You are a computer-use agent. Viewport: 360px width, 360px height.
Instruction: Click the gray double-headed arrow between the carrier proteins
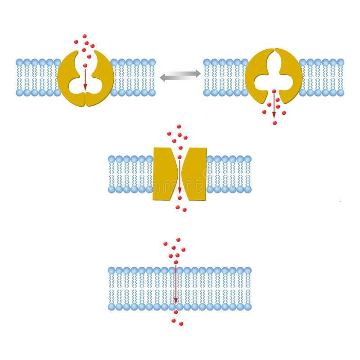point(180,75)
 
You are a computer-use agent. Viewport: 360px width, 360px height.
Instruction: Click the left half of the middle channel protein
point(164,174)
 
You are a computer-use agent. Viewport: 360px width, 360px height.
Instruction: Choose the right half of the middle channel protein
point(195,174)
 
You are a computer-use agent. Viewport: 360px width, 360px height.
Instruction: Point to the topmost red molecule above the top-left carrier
point(84,36)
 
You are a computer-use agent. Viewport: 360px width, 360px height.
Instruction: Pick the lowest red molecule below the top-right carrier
point(274,122)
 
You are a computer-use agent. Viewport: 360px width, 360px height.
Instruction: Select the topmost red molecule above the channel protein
point(179,127)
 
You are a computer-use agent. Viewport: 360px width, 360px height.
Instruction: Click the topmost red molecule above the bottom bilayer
point(178,240)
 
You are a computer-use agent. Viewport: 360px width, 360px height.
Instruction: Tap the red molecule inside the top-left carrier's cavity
point(85,66)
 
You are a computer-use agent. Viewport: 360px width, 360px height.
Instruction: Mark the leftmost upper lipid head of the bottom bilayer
point(112,270)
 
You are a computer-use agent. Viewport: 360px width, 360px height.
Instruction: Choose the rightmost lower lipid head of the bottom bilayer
point(247,306)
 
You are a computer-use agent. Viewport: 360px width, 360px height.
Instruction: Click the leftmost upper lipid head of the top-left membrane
point(19,62)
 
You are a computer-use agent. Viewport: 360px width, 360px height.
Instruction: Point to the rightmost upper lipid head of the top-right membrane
point(340,62)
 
